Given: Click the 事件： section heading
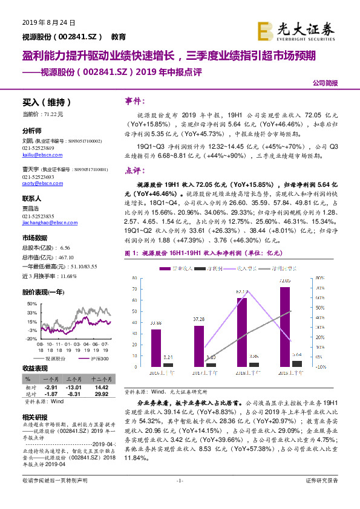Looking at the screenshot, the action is click(x=136, y=100).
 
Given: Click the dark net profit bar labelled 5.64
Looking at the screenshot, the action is click(x=297, y=363).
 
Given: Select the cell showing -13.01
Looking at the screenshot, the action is click(x=74, y=386).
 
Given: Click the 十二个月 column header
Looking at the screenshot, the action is click(x=101, y=378).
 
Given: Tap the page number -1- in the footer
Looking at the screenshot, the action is click(x=179, y=497).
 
